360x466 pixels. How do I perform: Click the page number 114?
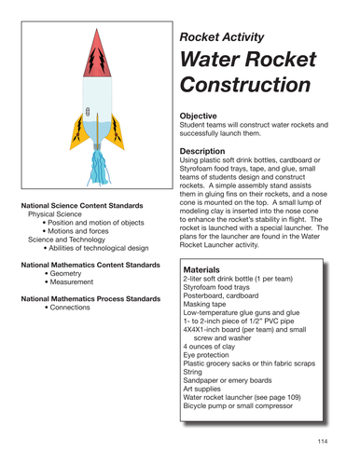322,440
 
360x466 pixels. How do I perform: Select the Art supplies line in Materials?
208,404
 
